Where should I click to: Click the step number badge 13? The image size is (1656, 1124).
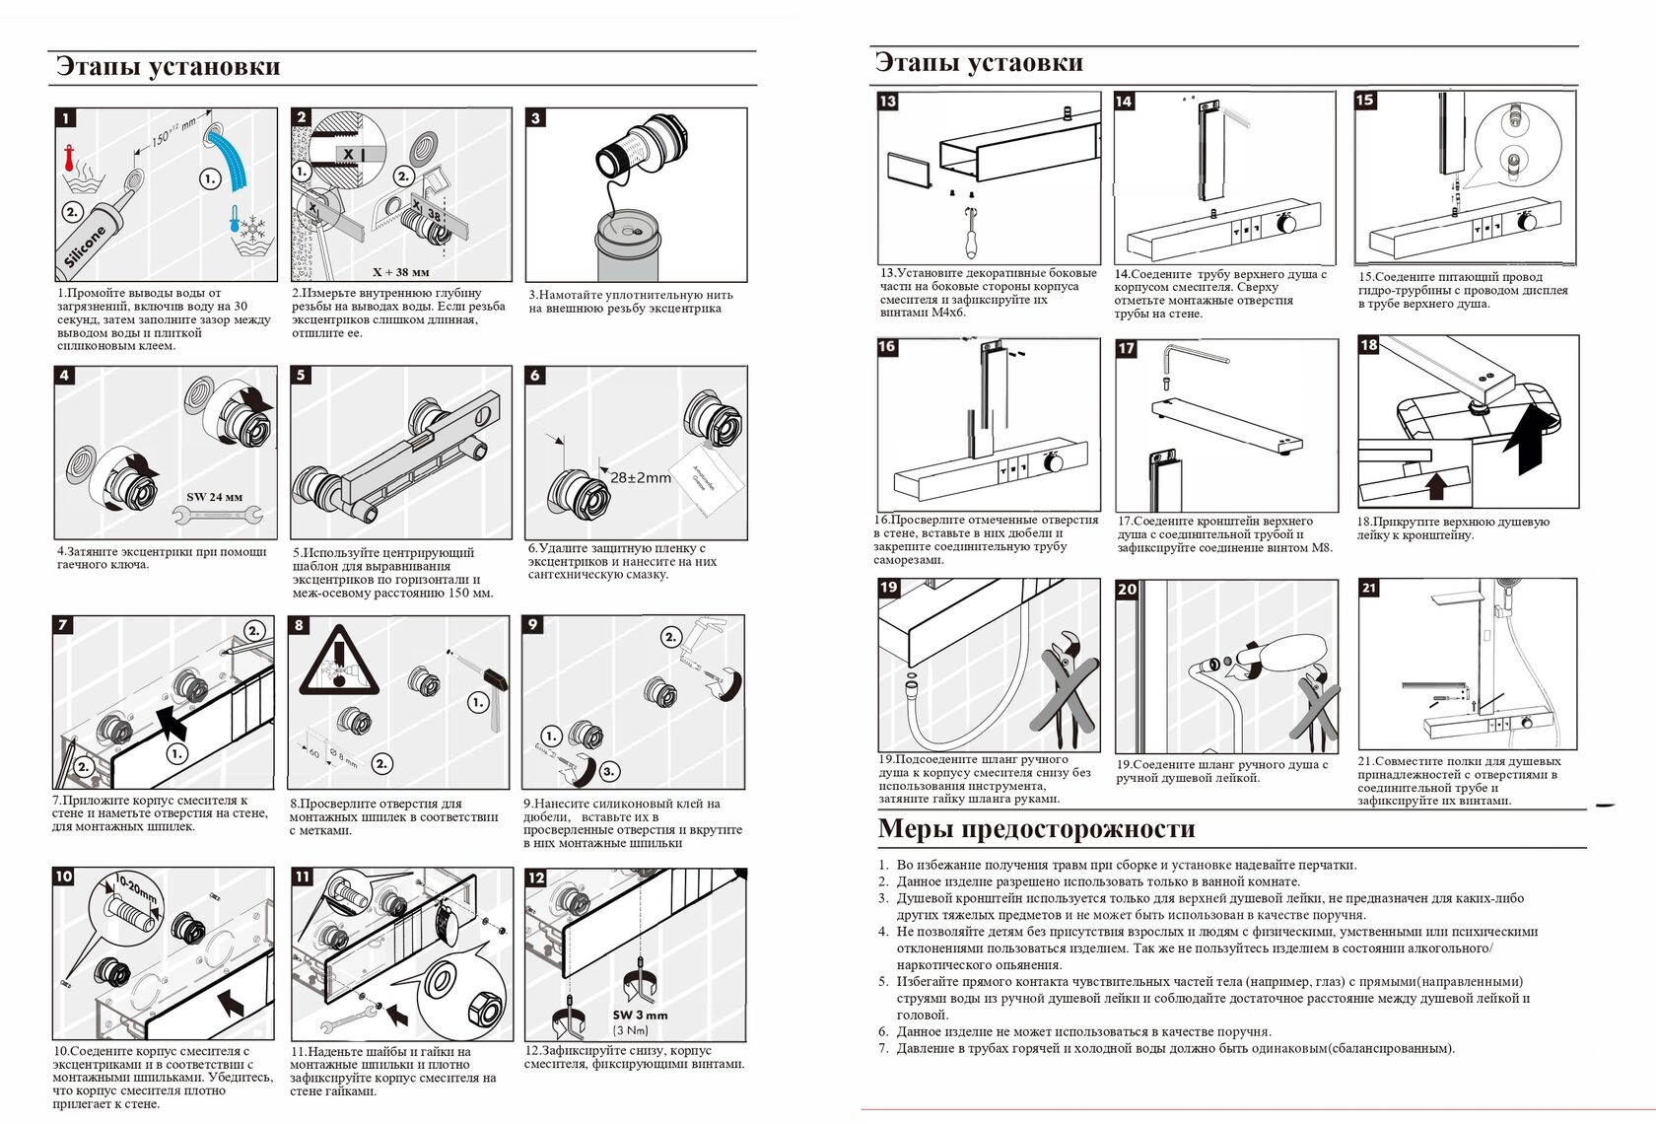pyautogui.click(x=888, y=101)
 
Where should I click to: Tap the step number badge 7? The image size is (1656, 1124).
pyautogui.click(x=63, y=624)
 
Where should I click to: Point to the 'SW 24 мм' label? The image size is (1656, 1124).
pyautogui.click(x=215, y=497)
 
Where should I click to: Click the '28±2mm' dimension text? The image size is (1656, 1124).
pyautogui.click(x=640, y=477)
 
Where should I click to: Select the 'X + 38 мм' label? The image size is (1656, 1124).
pyautogui.click(x=400, y=272)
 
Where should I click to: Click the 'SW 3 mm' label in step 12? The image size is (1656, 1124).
pyautogui.click(x=640, y=1015)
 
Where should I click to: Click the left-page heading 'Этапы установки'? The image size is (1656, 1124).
pyautogui.click(x=169, y=66)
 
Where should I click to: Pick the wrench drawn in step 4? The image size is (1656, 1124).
pyautogui.click(x=226, y=514)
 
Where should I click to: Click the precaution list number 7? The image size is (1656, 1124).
pyautogui.click(x=883, y=1048)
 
